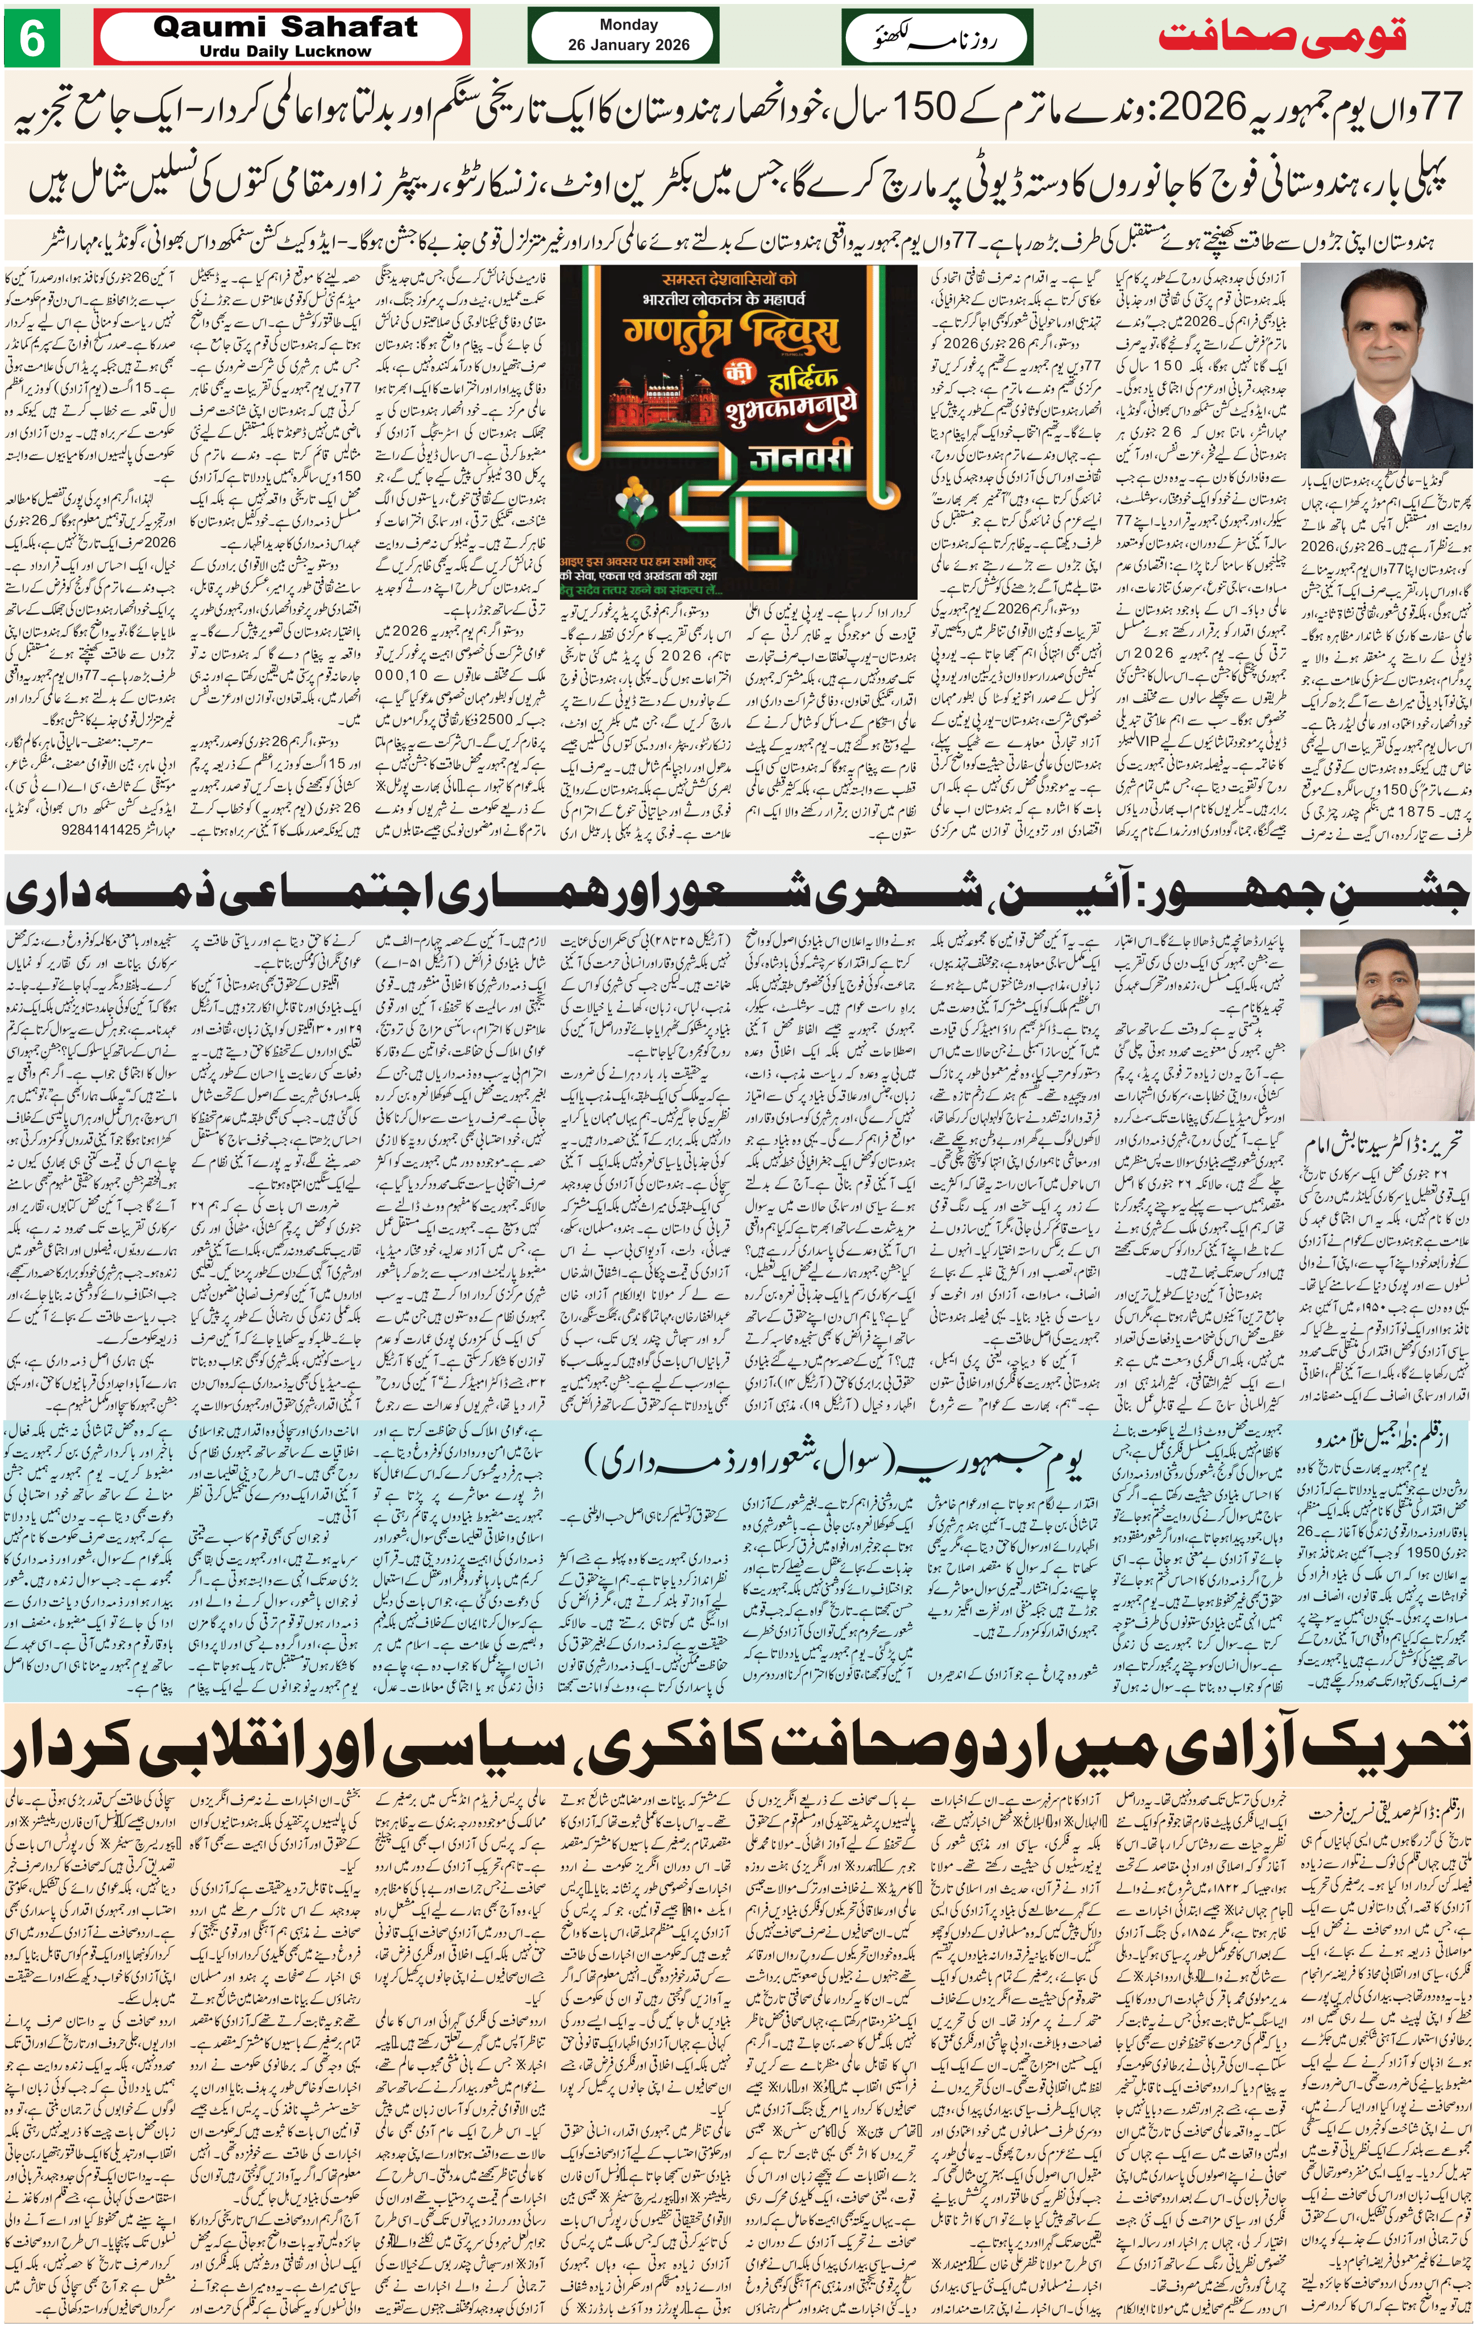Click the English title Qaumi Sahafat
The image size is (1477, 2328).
tap(285, 27)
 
